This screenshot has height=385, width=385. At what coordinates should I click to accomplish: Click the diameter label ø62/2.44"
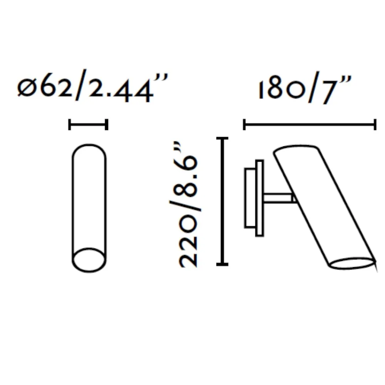coord(92,86)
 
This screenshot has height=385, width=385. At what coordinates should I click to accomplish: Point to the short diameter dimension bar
coord(88,124)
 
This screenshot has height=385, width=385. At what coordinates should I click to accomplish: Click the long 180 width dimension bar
coord(310,124)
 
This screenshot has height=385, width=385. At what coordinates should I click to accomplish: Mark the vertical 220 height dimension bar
coord(222,201)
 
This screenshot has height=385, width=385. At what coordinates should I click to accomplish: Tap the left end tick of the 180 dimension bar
coord(244,124)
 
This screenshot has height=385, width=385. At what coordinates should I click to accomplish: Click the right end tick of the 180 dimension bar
coord(375,124)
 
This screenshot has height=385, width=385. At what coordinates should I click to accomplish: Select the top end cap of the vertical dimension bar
coord(222,139)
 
